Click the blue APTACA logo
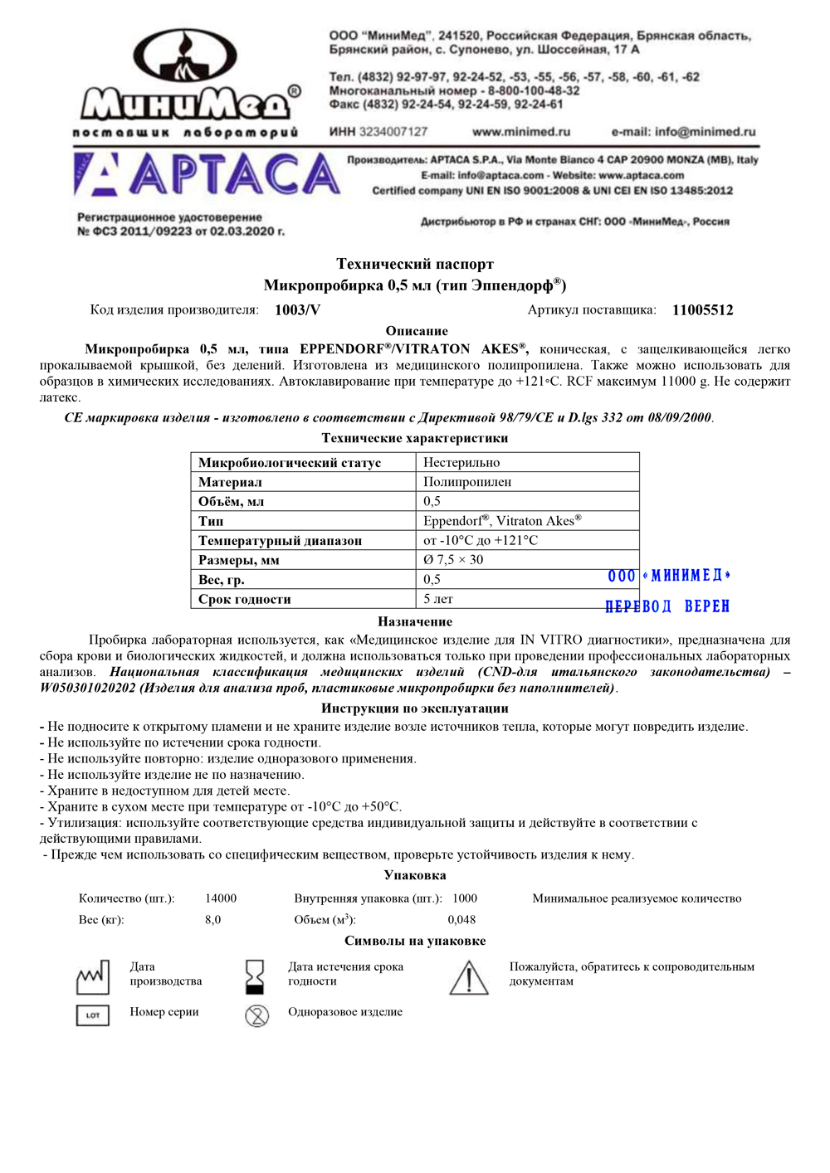pyautogui.click(x=207, y=175)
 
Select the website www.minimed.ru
pyautogui.click(x=521, y=132)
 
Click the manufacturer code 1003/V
pyautogui.click(x=297, y=310)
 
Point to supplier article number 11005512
pyautogui.click(x=702, y=310)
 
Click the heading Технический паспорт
pyautogui.click(x=415, y=264)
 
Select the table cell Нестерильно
pyautogui.click(x=461, y=463)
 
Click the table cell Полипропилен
pyautogui.click(x=467, y=482)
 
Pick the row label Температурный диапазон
pyautogui.click(x=280, y=541)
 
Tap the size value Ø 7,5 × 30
pyautogui.click(x=453, y=560)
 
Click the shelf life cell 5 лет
pyautogui.click(x=438, y=599)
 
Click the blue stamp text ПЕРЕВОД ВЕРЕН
pyautogui.click(x=667, y=606)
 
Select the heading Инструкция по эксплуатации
pyautogui.click(x=415, y=708)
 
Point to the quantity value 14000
pyautogui.click(x=221, y=898)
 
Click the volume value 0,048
pyautogui.click(x=461, y=919)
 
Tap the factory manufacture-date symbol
pyautogui.click(x=92, y=977)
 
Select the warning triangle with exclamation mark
pyautogui.click(x=469, y=977)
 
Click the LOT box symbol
pyautogui.click(x=92, y=1015)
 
